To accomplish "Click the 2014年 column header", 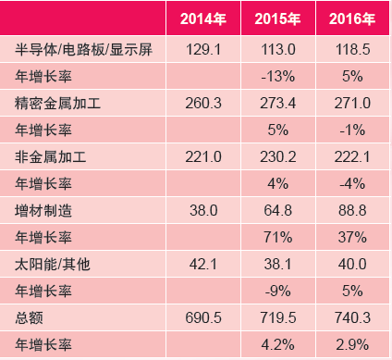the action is (x=203, y=19).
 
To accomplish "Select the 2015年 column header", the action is (x=277, y=19).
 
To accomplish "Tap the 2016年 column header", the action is (x=352, y=19).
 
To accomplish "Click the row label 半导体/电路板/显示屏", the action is (x=83, y=50).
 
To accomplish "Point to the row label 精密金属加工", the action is (x=57, y=104).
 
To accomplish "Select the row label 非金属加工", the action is (x=51, y=157).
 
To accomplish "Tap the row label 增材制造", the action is (x=43, y=211).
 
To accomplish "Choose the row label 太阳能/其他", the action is (x=53, y=265).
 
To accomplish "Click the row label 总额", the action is (x=29, y=318).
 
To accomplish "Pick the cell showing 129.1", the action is (x=203, y=50).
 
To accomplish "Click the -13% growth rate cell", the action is (x=277, y=76).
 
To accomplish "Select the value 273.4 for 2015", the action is (x=277, y=104).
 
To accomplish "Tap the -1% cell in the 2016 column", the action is (x=352, y=130).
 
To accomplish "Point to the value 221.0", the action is (x=203, y=157).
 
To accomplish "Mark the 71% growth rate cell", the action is (x=277, y=238).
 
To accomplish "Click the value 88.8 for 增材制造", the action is (x=352, y=211).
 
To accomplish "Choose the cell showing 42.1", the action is (x=203, y=265).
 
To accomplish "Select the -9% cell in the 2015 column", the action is (x=277, y=292).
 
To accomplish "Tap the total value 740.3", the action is (x=352, y=318).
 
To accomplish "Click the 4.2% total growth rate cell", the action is (x=277, y=345).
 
